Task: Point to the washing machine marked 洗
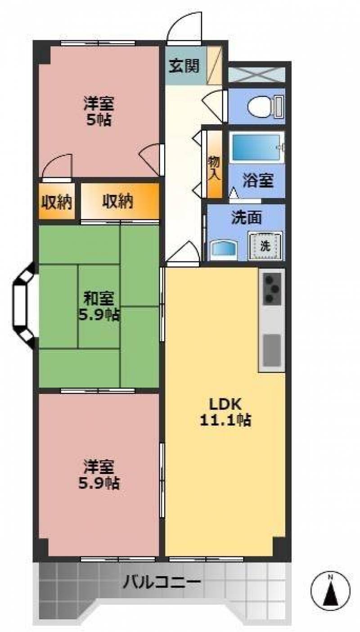point(265,246)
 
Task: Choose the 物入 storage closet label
point(214,168)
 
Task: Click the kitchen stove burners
point(271,289)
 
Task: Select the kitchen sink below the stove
point(272,350)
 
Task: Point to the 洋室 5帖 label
point(99,112)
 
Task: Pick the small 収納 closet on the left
point(57,203)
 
